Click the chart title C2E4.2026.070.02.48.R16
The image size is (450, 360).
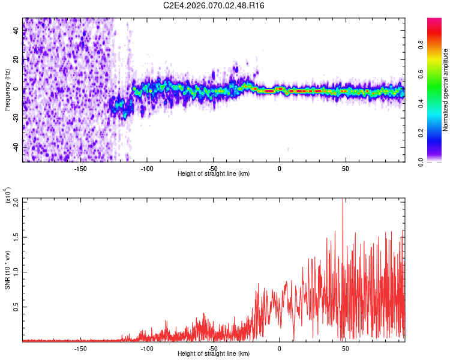click(214, 5)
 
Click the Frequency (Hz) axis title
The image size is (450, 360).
click(7, 90)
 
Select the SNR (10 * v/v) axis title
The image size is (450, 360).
click(7, 270)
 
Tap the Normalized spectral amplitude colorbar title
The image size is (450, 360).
click(446, 90)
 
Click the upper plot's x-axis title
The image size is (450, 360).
click(214, 173)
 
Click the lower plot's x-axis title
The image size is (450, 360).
click(214, 354)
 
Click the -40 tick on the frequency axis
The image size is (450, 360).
click(16, 147)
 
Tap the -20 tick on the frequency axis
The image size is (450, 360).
click(16, 118)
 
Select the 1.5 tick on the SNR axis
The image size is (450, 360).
click(16, 236)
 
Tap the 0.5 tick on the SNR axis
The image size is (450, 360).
click(16, 307)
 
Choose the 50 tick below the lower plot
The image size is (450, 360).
click(345, 349)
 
